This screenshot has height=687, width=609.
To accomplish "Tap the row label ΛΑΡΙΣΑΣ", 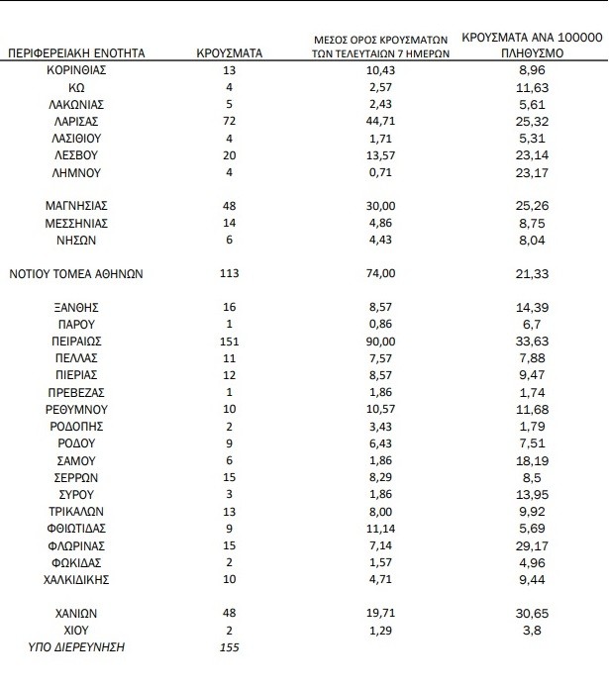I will [x=76, y=121].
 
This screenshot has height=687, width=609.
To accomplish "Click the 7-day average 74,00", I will [x=380, y=274].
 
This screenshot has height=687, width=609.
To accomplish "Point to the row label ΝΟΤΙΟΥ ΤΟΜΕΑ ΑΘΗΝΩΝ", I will [x=76, y=274].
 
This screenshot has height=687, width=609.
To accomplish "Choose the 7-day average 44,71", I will [x=380, y=121].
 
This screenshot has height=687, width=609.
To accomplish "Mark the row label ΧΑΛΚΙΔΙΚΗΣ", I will [x=76, y=578].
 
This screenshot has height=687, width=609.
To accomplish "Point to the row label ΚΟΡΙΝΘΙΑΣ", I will [x=76, y=70].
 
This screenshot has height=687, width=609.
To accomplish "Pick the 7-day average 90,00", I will [x=380, y=341].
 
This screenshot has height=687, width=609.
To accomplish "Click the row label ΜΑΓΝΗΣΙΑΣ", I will [x=76, y=207].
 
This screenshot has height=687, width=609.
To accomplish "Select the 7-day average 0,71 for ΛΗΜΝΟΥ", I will [x=380, y=172].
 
